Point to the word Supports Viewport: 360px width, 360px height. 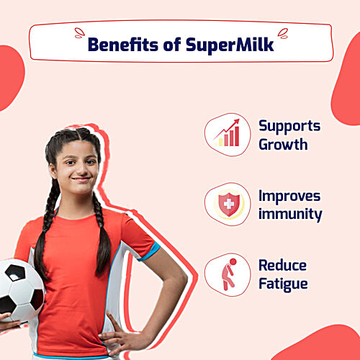click(x=289, y=125)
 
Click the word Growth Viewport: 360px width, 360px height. click(x=283, y=144)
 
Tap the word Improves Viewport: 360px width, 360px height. click(x=289, y=196)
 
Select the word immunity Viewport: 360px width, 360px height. click(x=289, y=214)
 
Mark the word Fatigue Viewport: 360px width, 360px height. click(x=284, y=284)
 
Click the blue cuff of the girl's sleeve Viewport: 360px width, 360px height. click(x=148, y=251)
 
